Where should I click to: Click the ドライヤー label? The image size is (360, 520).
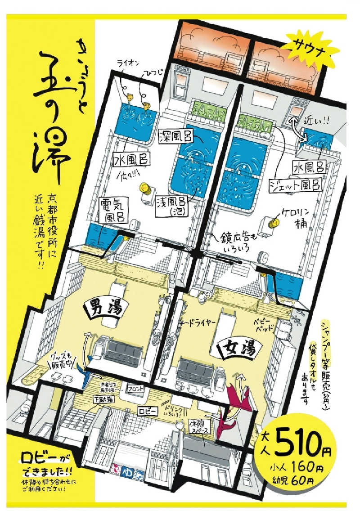pyautogui.click(x=200, y=323)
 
